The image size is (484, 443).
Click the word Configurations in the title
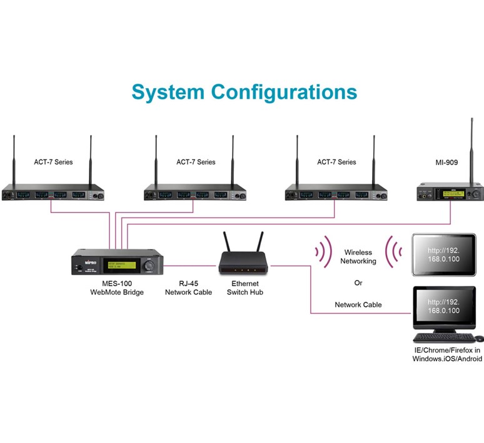(284, 92)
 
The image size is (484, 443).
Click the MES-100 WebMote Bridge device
(115, 262)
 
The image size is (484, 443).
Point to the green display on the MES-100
(121, 265)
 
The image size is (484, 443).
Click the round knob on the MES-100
(149, 266)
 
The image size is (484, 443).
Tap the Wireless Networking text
(358, 257)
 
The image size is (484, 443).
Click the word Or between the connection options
(358, 283)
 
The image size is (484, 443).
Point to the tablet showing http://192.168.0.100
(443, 254)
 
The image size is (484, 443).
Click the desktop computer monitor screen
(443, 306)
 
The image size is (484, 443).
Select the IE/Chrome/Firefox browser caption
(446, 354)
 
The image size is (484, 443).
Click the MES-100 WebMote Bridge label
(117, 287)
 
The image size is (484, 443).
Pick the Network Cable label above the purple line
(358, 305)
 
